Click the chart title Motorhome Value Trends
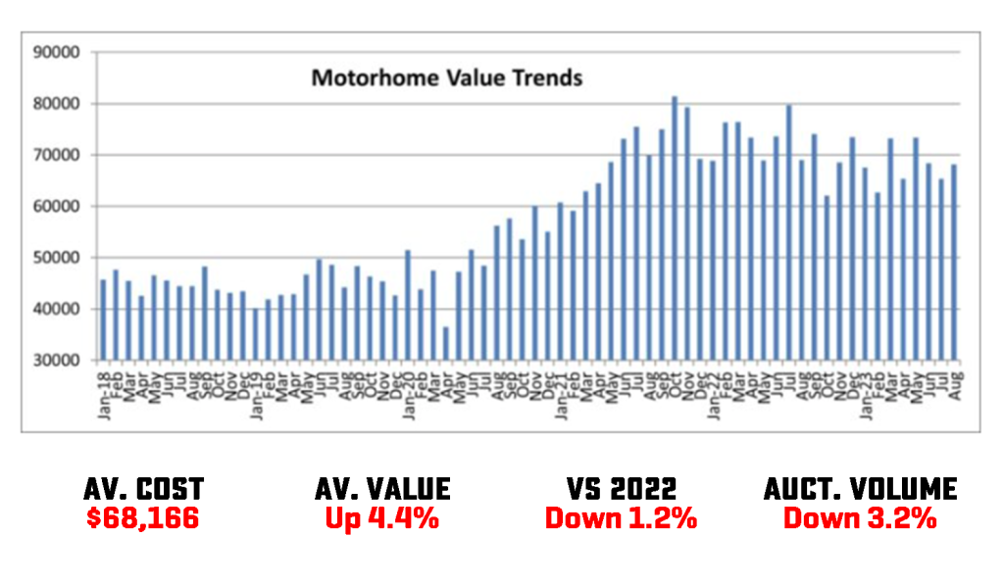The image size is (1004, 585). click(x=446, y=77)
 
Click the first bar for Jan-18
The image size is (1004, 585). click(x=103, y=319)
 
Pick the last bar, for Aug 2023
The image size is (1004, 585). click(x=954, y=262)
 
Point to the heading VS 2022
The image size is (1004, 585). click(x=620, y=489)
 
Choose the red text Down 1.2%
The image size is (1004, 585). click(x=620, y=518)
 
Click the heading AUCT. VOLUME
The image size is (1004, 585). click(x=860, y=489)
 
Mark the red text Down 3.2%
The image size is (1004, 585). click(x=860, y=518)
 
